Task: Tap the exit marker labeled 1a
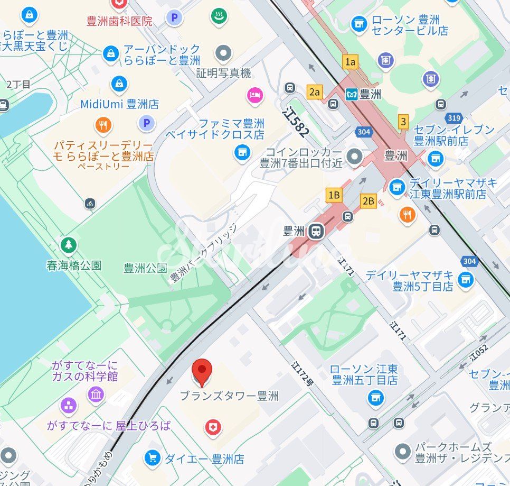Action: pos(350,62)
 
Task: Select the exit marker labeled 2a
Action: pos(315,92)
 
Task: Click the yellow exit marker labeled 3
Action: pos(403,122)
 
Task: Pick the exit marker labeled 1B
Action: pos(334,195)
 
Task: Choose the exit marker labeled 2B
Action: pos(368,200)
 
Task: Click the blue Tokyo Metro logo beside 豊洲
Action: pos(351,95)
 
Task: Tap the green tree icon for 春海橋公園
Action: pos(68,245)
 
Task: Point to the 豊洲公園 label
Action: pos(145,268)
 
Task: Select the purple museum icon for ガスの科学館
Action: pos(96,394)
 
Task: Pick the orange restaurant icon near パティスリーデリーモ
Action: pos(103,125)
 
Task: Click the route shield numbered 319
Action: pos(454,118)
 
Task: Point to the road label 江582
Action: pos(297,123)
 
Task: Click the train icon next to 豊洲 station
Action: pos(316,231)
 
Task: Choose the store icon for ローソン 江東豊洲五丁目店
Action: pos(375,397)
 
